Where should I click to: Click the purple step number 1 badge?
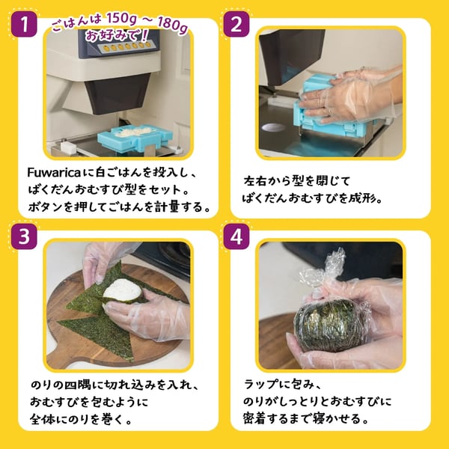pos(24,24)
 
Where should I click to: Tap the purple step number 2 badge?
pos(236,24)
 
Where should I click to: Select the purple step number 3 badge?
pos(24,236)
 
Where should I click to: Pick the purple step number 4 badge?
pos(236,236)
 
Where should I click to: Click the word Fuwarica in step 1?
pos(54,173)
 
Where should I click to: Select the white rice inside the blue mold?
pos(134,132)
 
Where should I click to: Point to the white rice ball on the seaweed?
pos(122,290)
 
